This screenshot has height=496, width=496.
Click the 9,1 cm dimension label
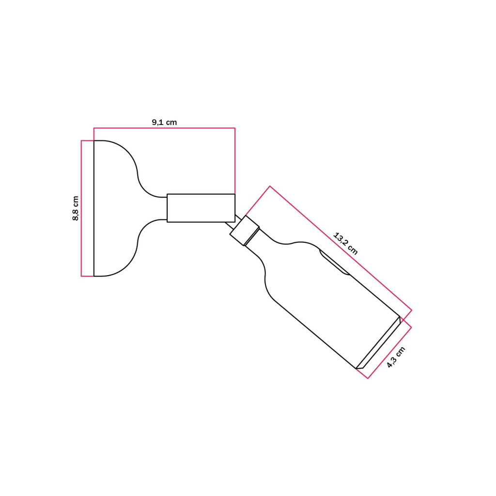coord(164,122)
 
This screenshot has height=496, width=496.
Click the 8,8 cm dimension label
coord(76,208)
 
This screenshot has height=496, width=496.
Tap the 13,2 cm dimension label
coord(345,244)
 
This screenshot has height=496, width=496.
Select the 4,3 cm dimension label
coord(396,357)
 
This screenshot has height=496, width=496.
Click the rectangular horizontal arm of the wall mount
coord(201,208)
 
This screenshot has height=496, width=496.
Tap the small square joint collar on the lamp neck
coord(245,231)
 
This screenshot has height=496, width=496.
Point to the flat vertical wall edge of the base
coord(94,208)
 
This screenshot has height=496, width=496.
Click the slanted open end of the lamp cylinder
coord(379,343)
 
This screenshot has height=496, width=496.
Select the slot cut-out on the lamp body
coord(334,262)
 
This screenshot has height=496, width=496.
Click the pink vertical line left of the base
coord(81,208)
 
